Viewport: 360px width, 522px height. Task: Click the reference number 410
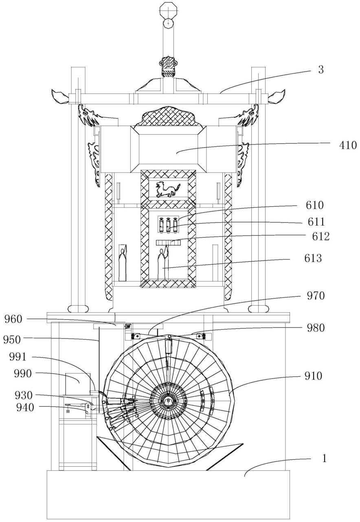(x=348, y=145)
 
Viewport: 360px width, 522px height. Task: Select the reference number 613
(x=313, y=258)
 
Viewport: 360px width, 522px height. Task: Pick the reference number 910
(x=313, y=376)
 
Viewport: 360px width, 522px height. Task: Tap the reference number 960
(x=13, y=319)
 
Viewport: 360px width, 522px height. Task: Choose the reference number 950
(x=12, y=340)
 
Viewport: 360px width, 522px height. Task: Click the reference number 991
(x=18, y=357)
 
